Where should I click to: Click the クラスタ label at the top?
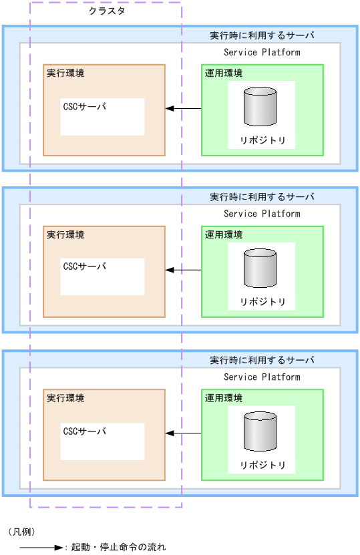point(107,11)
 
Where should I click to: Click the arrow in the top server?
point(183,108)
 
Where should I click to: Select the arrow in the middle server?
point(183,270)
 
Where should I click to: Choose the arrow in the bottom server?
point(183,433)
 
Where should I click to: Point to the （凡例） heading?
point(22,532)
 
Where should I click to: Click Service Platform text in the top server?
point(262,52)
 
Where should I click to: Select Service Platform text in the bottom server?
point(262,377)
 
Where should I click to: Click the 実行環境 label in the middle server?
point(65,235)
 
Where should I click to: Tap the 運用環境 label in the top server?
point(224,73)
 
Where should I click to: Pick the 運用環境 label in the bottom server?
point(224,398)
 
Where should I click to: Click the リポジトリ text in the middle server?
point(262,303)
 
